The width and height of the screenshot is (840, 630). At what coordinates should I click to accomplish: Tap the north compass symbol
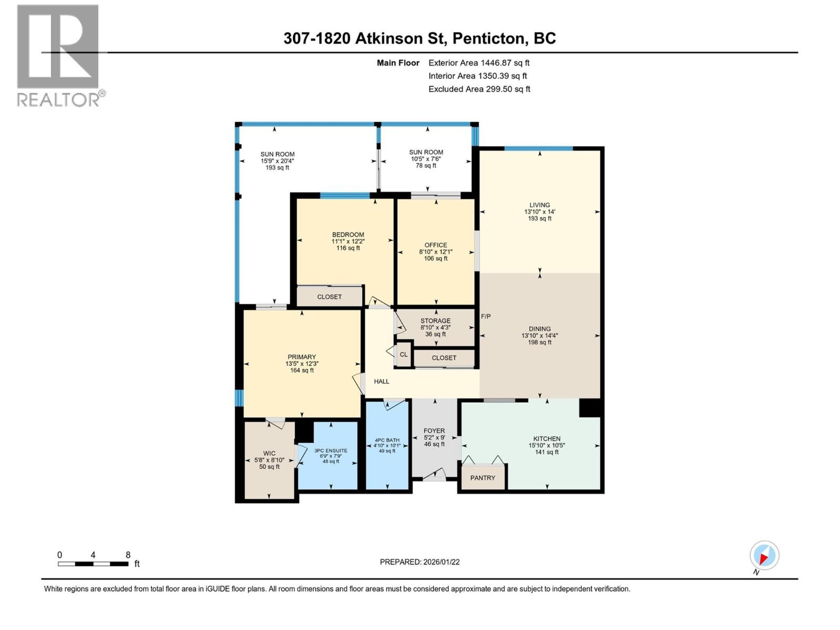pos(764,555)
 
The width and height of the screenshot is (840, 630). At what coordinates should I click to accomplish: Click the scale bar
pos(93,564)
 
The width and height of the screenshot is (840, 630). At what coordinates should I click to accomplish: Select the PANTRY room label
pos(482,478)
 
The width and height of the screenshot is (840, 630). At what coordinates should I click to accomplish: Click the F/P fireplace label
pos(486,317)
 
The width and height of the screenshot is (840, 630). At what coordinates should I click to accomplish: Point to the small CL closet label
pos(403,354)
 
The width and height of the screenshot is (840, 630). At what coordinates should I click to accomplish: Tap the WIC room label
pos(269,454)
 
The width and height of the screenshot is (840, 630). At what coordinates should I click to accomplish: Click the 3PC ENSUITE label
pos(331,450)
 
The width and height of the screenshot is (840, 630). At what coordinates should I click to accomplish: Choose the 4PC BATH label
pos(387,440)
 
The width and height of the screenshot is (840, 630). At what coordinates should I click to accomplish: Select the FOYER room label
pos(434,430)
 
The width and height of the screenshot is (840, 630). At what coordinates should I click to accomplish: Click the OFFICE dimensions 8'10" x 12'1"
pos(436,252)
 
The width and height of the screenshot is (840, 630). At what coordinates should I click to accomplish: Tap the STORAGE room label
pos(435,321)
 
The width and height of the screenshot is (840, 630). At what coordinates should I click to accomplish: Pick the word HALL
pos(382,381)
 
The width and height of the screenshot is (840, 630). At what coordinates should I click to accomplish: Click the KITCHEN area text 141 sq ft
pos(547,452)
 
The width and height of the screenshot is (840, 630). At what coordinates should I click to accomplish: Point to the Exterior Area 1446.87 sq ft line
pos(479,63)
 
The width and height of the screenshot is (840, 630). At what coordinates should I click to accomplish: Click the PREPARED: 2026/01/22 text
pos(419,562)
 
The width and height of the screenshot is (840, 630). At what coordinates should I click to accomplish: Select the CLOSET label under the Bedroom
pos(329,297)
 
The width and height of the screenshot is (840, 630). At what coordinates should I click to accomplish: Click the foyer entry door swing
pos(435,475)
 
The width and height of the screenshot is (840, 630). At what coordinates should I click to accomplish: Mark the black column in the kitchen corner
pos(590,408)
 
